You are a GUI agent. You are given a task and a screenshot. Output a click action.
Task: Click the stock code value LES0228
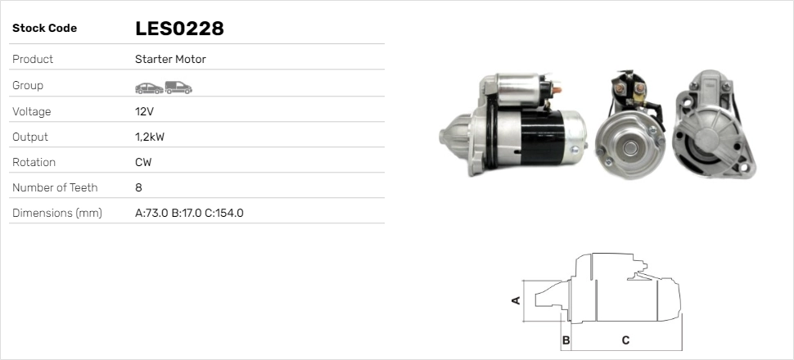click(x=179, y=29)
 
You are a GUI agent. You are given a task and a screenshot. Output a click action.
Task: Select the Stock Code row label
click(x=44, y=29)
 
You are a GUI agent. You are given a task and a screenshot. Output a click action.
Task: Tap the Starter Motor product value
click(x=170, y=59)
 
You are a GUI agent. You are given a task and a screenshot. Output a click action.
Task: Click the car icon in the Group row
click(x=149, y=88)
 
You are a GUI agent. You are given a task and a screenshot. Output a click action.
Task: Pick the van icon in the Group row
click(x=178, y=88)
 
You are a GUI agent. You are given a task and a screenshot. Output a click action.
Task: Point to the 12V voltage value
click(x=144, y=111)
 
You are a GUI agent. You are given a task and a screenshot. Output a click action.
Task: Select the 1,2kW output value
click(x=150, y=137)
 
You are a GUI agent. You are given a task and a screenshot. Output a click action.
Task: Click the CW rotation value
click(x=143, y=163)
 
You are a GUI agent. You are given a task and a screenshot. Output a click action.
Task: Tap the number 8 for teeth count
click(x=139, y=188)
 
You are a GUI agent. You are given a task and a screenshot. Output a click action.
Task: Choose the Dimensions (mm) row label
click(x=57, y=214)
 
